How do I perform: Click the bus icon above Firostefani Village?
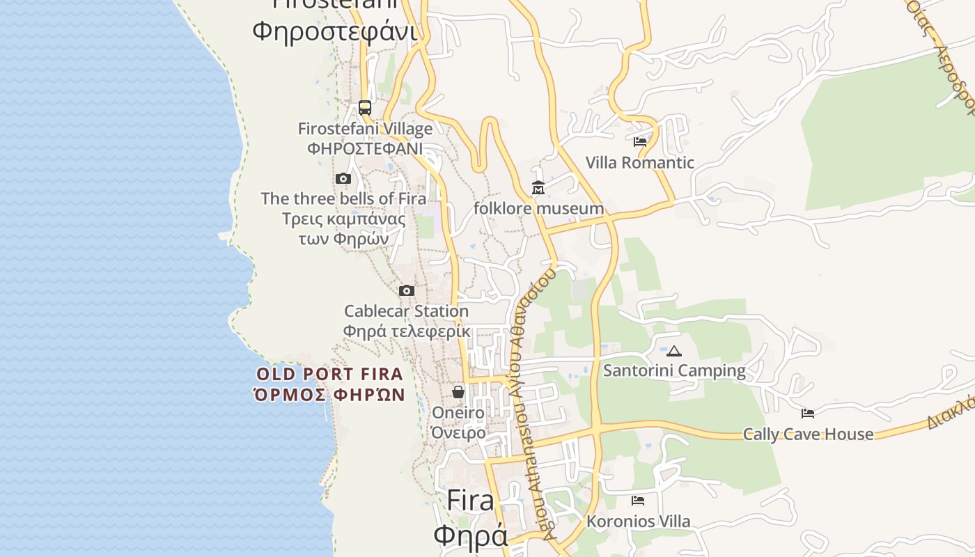pyautogui.click(x=365, y=108)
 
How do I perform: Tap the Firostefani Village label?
pyautogui.click(x=365, y=129)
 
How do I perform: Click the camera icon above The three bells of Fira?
pyautogui.click(x=343, y=179)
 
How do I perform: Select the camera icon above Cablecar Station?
pyautogui.click(x=407, y=291)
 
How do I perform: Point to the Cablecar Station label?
pyautogui.click(x=406, y=311)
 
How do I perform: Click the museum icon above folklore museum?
pyautogui.click(x=538, y=188)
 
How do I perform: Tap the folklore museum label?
pyautogui.click(x=538, y=208)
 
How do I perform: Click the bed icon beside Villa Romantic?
pyautogui.click(x=640, y=142)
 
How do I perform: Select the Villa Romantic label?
pyautogui.click(x=639, y=163)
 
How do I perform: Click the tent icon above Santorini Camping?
pyautogui.click(x=673, y=351)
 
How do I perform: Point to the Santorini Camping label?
pyautogui.click(x=673, y=370)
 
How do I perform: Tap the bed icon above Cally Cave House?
pyautogui.click(x=808, y=414)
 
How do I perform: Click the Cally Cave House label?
pyautogui.click(x=808, y=434)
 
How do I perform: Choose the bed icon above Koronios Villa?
pyautogui.click(x=638, y=501)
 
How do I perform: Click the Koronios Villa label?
pyautogui.click(x=638, y=521)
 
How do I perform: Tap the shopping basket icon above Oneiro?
pyautogui.click(x=458, y=393)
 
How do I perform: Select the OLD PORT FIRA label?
pyautogui.click(x=329, y=375)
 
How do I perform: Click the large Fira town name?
pyautogui.click(x=470, y=501)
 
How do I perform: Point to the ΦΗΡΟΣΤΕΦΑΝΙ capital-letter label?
pyautogui.click(x=365, y=148)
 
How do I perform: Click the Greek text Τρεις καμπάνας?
pyautogui.click(x=343, y=219)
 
